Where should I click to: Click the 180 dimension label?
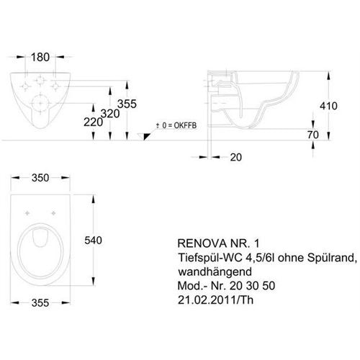click(40, 57)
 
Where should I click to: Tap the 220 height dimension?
click(93, 122)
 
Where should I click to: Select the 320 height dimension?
click(110, 114)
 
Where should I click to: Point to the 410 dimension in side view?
click(328, 106)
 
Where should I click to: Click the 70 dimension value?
click(313, 135)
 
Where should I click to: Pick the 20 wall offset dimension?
click(236, 157)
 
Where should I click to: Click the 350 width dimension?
click(40, 178)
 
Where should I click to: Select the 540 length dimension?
click(93, 240)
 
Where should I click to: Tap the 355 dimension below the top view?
click(40, 302)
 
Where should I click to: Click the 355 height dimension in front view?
click(127, 104)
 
